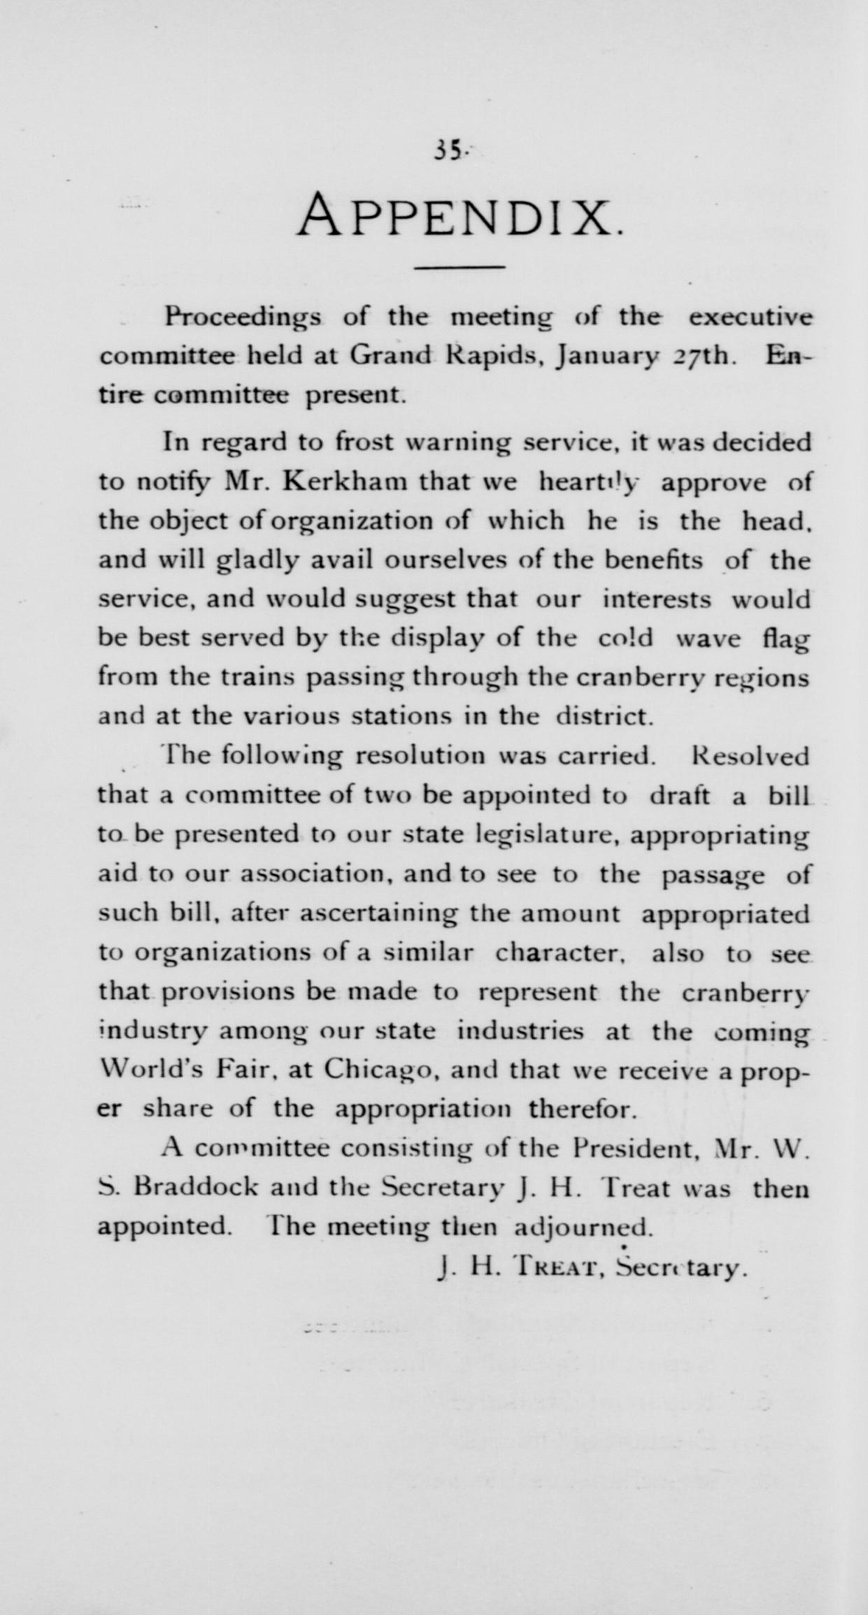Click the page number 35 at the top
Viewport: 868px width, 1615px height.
[446, 151]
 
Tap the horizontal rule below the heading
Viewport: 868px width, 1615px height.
[460, 268]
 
